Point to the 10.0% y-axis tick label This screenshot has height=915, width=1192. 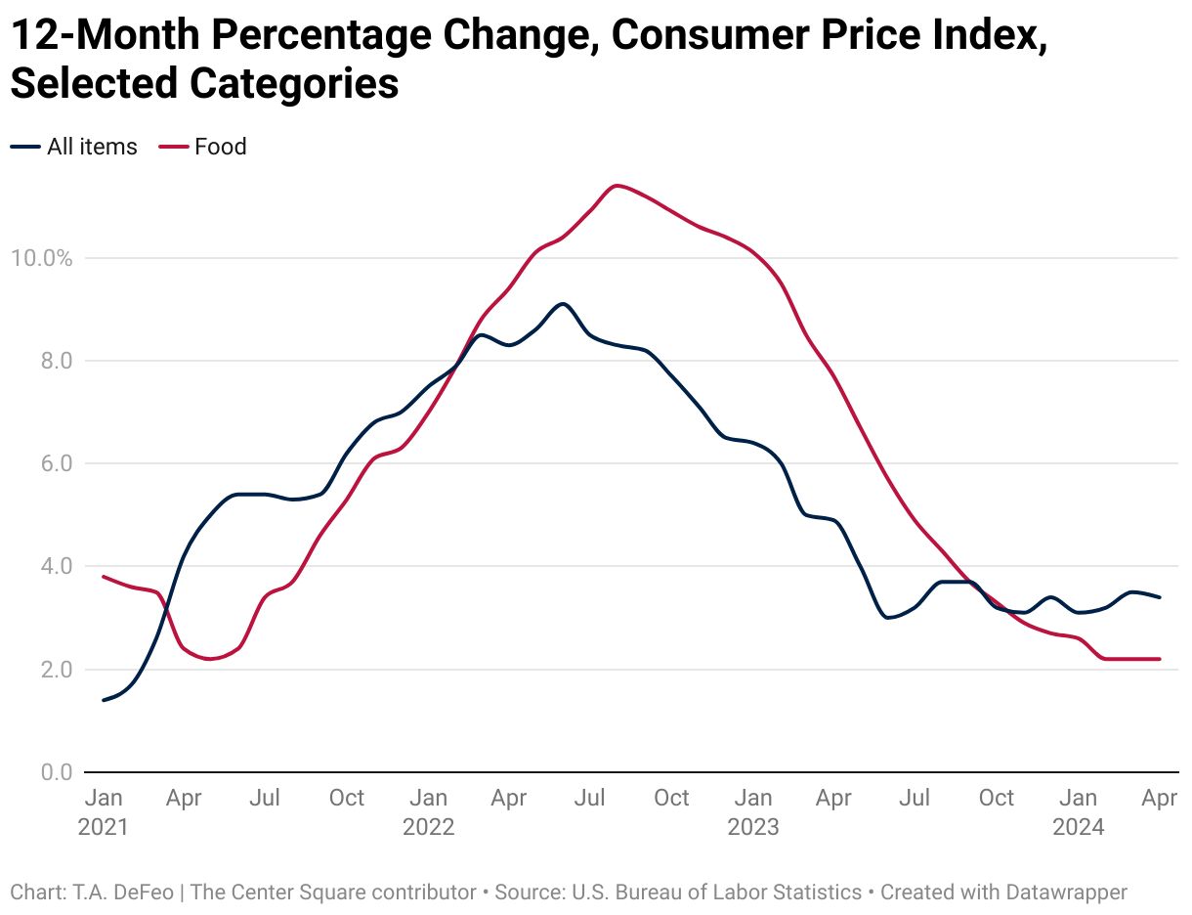click(40, 258)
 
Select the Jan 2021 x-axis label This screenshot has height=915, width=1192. click(103, 812)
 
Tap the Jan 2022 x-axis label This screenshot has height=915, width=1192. click(428, 812)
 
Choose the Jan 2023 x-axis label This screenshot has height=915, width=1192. click(752, 812)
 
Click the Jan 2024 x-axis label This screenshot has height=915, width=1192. click(1078, 812)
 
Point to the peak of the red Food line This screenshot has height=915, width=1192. click(617, 185)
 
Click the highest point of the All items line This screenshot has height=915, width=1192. click(564, 303)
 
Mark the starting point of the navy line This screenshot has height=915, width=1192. click(104, 700)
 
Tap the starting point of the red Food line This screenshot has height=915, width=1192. click(104, 577)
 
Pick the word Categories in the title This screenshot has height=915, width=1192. click(294, 84)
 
